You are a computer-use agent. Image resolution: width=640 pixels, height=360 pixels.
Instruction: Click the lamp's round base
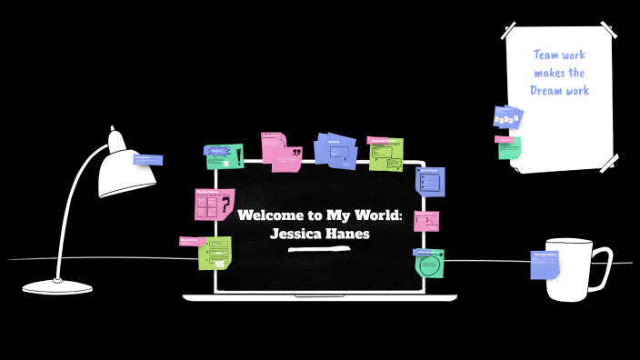[57, 287]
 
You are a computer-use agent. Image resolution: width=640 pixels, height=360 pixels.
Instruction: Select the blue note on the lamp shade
[148, 160]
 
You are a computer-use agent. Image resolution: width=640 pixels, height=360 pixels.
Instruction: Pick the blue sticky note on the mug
[545, 265]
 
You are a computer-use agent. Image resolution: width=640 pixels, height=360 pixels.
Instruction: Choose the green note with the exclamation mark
[225, 156]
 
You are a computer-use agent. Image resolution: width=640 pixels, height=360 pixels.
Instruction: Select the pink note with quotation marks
[281, 152]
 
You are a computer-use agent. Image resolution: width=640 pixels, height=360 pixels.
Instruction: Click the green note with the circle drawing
[429, 264]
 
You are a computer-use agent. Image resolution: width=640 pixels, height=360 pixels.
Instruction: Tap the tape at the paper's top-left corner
[511, 29]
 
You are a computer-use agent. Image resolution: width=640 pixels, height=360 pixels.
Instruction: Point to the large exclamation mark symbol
[238, 155]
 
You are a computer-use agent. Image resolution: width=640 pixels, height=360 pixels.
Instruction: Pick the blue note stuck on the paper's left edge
[508, 117]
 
